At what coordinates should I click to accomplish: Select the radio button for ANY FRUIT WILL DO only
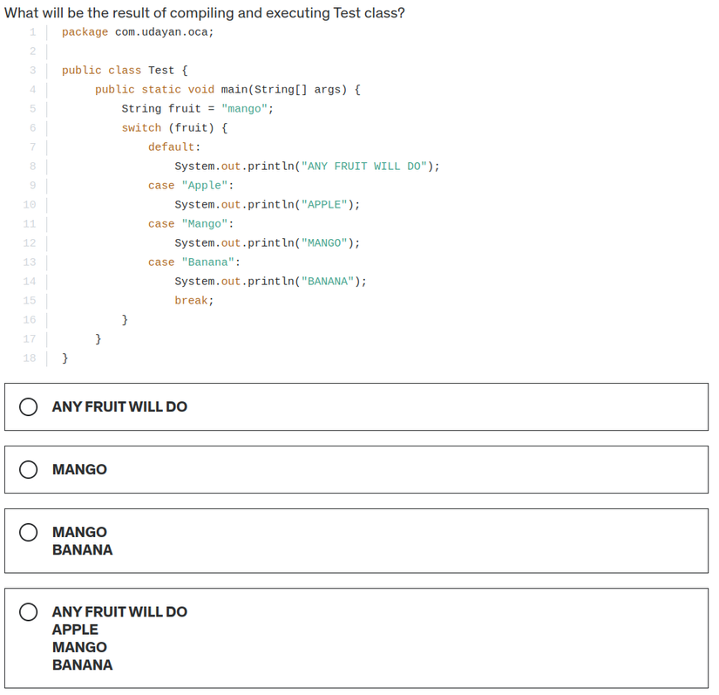coord(29,407)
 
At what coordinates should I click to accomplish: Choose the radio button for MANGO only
coord(29,470)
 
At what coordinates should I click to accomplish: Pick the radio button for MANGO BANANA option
coord(29,532)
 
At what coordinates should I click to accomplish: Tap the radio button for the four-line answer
coord(29,612)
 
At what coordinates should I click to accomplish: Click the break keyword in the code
coord(192,301)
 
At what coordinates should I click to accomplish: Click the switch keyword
coord(141,128)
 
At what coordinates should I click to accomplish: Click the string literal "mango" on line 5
coord(245,109)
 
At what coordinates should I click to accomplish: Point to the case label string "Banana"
coord(208,262)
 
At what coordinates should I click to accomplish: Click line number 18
coord(30,358)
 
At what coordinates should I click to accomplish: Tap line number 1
coord(32,32)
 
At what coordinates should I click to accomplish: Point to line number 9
coord(32,186)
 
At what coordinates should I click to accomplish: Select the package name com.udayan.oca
coord(161,32)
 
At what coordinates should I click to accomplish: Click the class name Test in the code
coord(161,71)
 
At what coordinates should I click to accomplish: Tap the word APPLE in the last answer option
coord(75,630)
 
